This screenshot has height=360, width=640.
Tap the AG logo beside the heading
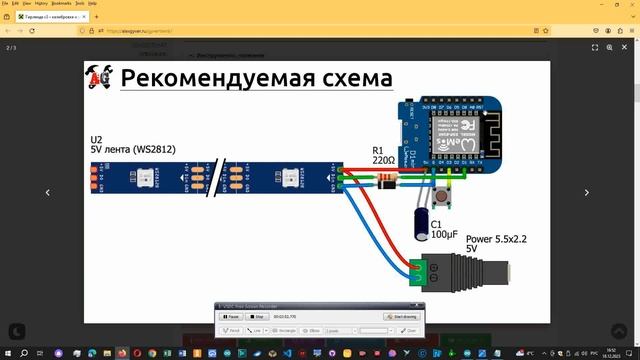pyautogui.click(x=101, y=78)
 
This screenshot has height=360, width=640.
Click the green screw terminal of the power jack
pyautogui.click(x=424, y=268)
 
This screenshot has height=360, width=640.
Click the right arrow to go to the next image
pyautogui.click(x=588, y=192)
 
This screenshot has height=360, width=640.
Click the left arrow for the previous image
pyautogui.click(x=47, y=192)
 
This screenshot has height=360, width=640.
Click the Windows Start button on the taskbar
pyautogui.click(x=7, y=353)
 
